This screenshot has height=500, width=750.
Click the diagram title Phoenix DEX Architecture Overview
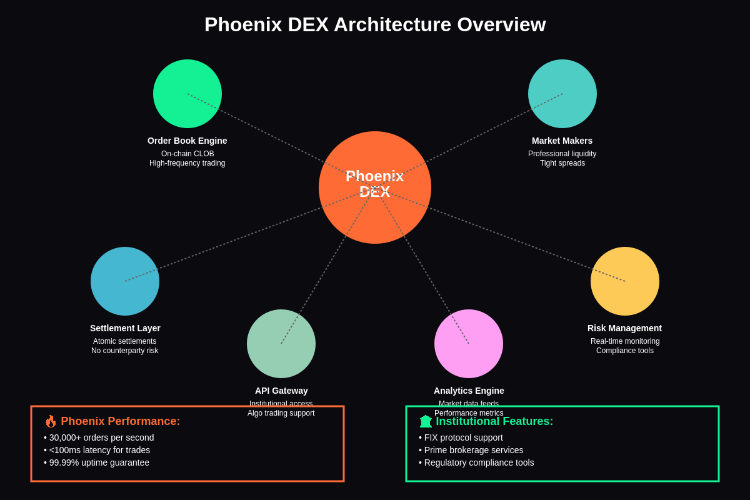point(375,24)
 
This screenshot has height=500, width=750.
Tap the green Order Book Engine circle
point(187,94)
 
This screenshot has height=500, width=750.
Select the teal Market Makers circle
point(562,94)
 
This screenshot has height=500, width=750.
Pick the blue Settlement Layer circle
point(125,281)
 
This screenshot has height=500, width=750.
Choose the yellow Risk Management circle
point(625,281)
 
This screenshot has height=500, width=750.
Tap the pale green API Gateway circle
point(281,344)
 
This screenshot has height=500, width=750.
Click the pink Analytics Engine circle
point(469,344)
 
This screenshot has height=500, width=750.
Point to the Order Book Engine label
point(187,141)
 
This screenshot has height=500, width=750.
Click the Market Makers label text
point(562,141)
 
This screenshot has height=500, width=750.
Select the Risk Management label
point(624,328)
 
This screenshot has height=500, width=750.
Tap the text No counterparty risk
point(125,351)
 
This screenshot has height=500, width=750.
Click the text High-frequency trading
point(187,163)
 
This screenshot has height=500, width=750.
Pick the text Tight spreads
point(562,163)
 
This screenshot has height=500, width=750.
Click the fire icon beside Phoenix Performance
point(51,421)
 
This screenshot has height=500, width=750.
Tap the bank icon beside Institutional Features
point(426,421)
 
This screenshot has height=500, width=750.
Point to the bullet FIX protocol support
point(463,437)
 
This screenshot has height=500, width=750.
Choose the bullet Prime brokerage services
point(473,450)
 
